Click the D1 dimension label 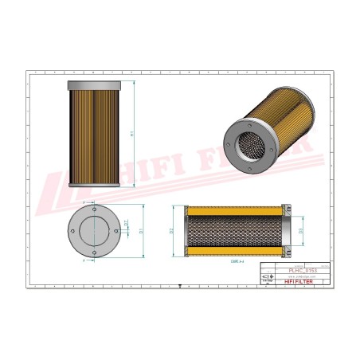(140, 231)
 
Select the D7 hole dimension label (127, 233)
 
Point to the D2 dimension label (171, 231)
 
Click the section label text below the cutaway (236, 260)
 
